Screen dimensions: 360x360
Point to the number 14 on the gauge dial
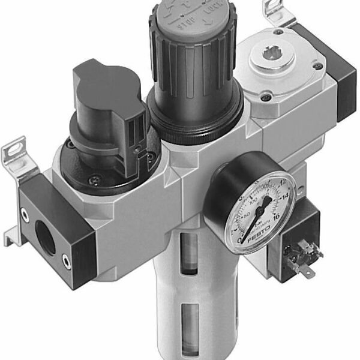284,196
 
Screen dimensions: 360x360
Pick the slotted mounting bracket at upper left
17,152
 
